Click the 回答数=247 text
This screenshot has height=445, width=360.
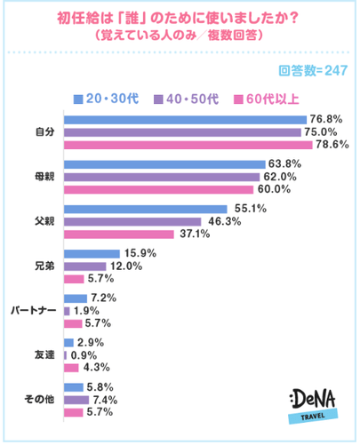[311, 72]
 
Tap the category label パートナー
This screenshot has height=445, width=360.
[34, 311]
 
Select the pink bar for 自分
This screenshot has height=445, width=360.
[188, 144]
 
